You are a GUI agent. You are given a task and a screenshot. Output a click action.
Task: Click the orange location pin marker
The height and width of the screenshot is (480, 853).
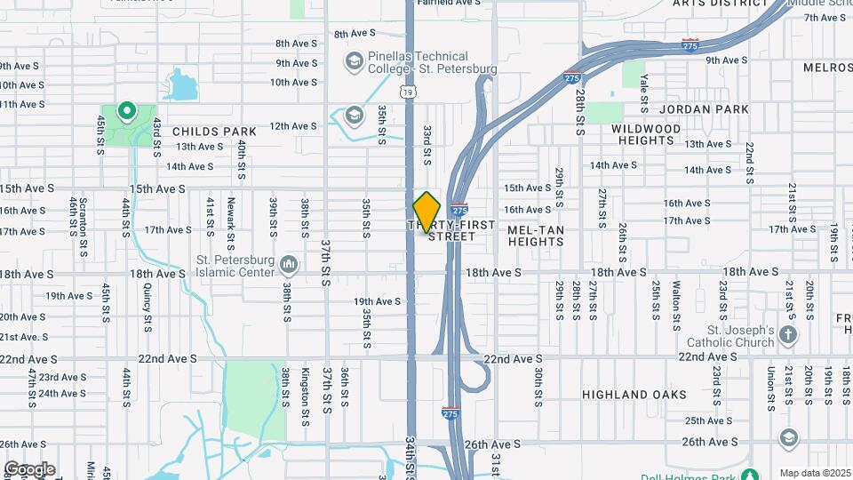(427, 212)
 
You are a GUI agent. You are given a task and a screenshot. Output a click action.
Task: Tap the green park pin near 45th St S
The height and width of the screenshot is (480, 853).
(126, 112)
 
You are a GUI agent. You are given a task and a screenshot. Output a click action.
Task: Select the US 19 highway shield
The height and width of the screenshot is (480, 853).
(407, 92)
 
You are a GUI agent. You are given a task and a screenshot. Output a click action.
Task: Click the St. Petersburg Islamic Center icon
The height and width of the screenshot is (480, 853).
(288, 264)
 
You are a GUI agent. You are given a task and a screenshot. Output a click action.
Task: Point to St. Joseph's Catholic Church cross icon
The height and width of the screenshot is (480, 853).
(787, 335)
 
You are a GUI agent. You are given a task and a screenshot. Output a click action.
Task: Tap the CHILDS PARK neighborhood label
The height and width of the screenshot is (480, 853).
(214, 132)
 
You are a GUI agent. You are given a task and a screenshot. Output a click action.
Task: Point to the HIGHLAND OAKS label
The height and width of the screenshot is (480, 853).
(634, 394)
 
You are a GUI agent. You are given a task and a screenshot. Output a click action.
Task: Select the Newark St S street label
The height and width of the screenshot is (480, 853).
(230, 223)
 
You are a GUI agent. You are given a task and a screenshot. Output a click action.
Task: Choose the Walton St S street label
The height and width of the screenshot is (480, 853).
(676, 300)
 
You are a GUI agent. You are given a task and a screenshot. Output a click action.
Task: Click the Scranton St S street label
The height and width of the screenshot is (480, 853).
(83, 223)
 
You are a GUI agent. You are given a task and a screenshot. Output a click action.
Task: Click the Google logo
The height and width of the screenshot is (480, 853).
(29, 468)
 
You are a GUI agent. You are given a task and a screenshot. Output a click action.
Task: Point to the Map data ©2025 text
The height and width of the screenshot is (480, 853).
(814, 473)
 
